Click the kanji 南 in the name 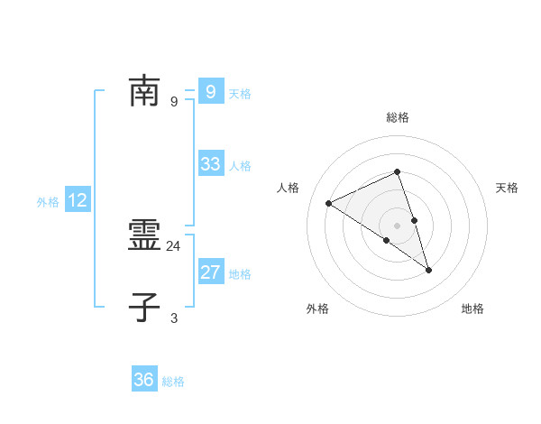(x=143, y=91)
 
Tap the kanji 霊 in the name (x=143, y=237)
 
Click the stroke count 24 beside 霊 (x=174, y=245)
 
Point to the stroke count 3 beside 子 (x=174, y=318)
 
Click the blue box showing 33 (x=211, y=164)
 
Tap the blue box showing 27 (x=211, y=272)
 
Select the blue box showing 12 (x=78, y=200)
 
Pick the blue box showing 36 (x=143, y=380)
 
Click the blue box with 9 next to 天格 (x=211, y=91)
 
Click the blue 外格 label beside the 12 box (x=48, y=202)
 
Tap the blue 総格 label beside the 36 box (x=173, y=382)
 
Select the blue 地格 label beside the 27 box (x=240, y=274)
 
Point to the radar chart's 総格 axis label (x=398, y=117)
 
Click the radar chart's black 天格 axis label (x=508, y=188)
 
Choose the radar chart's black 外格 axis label (x=317, y=309)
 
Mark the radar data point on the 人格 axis (x=329, y=203)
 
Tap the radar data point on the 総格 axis (x=398, y=171)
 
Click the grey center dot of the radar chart (x=398, y=225)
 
